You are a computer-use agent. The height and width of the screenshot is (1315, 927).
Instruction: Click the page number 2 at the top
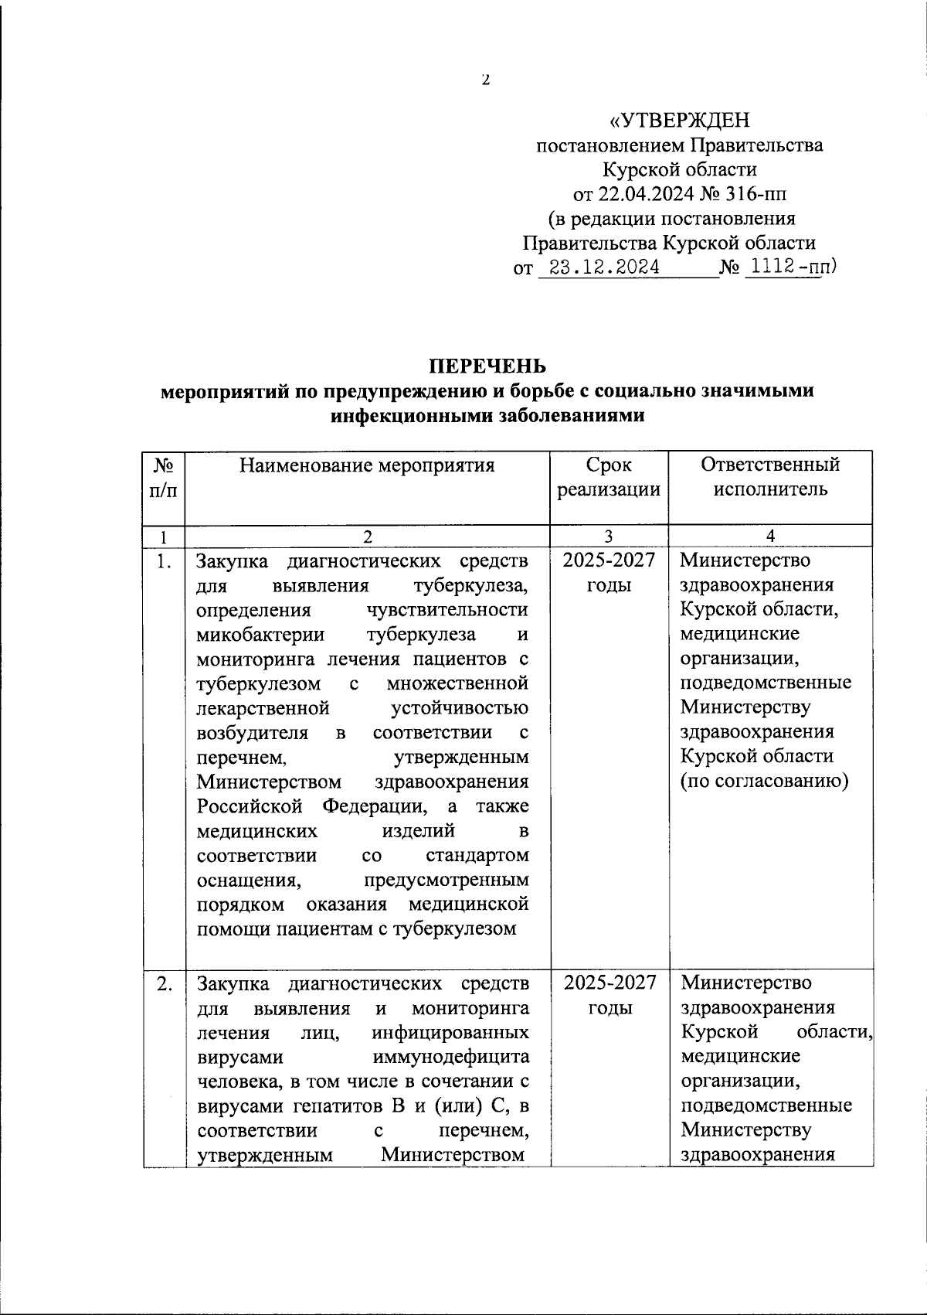[x=485, y=79]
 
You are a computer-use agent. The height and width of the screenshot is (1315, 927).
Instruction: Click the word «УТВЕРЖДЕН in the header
[x=680, y=121]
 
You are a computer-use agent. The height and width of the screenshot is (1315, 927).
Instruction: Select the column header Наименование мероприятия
[x=367, y=465]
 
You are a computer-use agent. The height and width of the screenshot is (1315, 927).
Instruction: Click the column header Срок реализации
[x=609, y=477]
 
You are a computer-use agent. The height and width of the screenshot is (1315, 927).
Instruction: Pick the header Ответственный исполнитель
[x=770, y=477]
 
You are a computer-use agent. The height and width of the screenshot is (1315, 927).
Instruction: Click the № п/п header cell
[x=163, y=477]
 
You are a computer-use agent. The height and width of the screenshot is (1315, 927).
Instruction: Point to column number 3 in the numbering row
[x=609, y=537]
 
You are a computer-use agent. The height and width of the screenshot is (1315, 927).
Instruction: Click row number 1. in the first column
[x=163, y=561]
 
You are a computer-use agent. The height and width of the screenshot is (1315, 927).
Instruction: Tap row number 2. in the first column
[x=163, y=984]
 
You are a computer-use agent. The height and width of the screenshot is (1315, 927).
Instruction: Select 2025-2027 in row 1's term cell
[x=609, y=560]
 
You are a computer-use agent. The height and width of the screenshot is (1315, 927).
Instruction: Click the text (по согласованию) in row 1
[x=764, y=781]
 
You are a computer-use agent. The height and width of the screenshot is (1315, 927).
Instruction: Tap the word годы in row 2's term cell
[x=610, y=1008]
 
